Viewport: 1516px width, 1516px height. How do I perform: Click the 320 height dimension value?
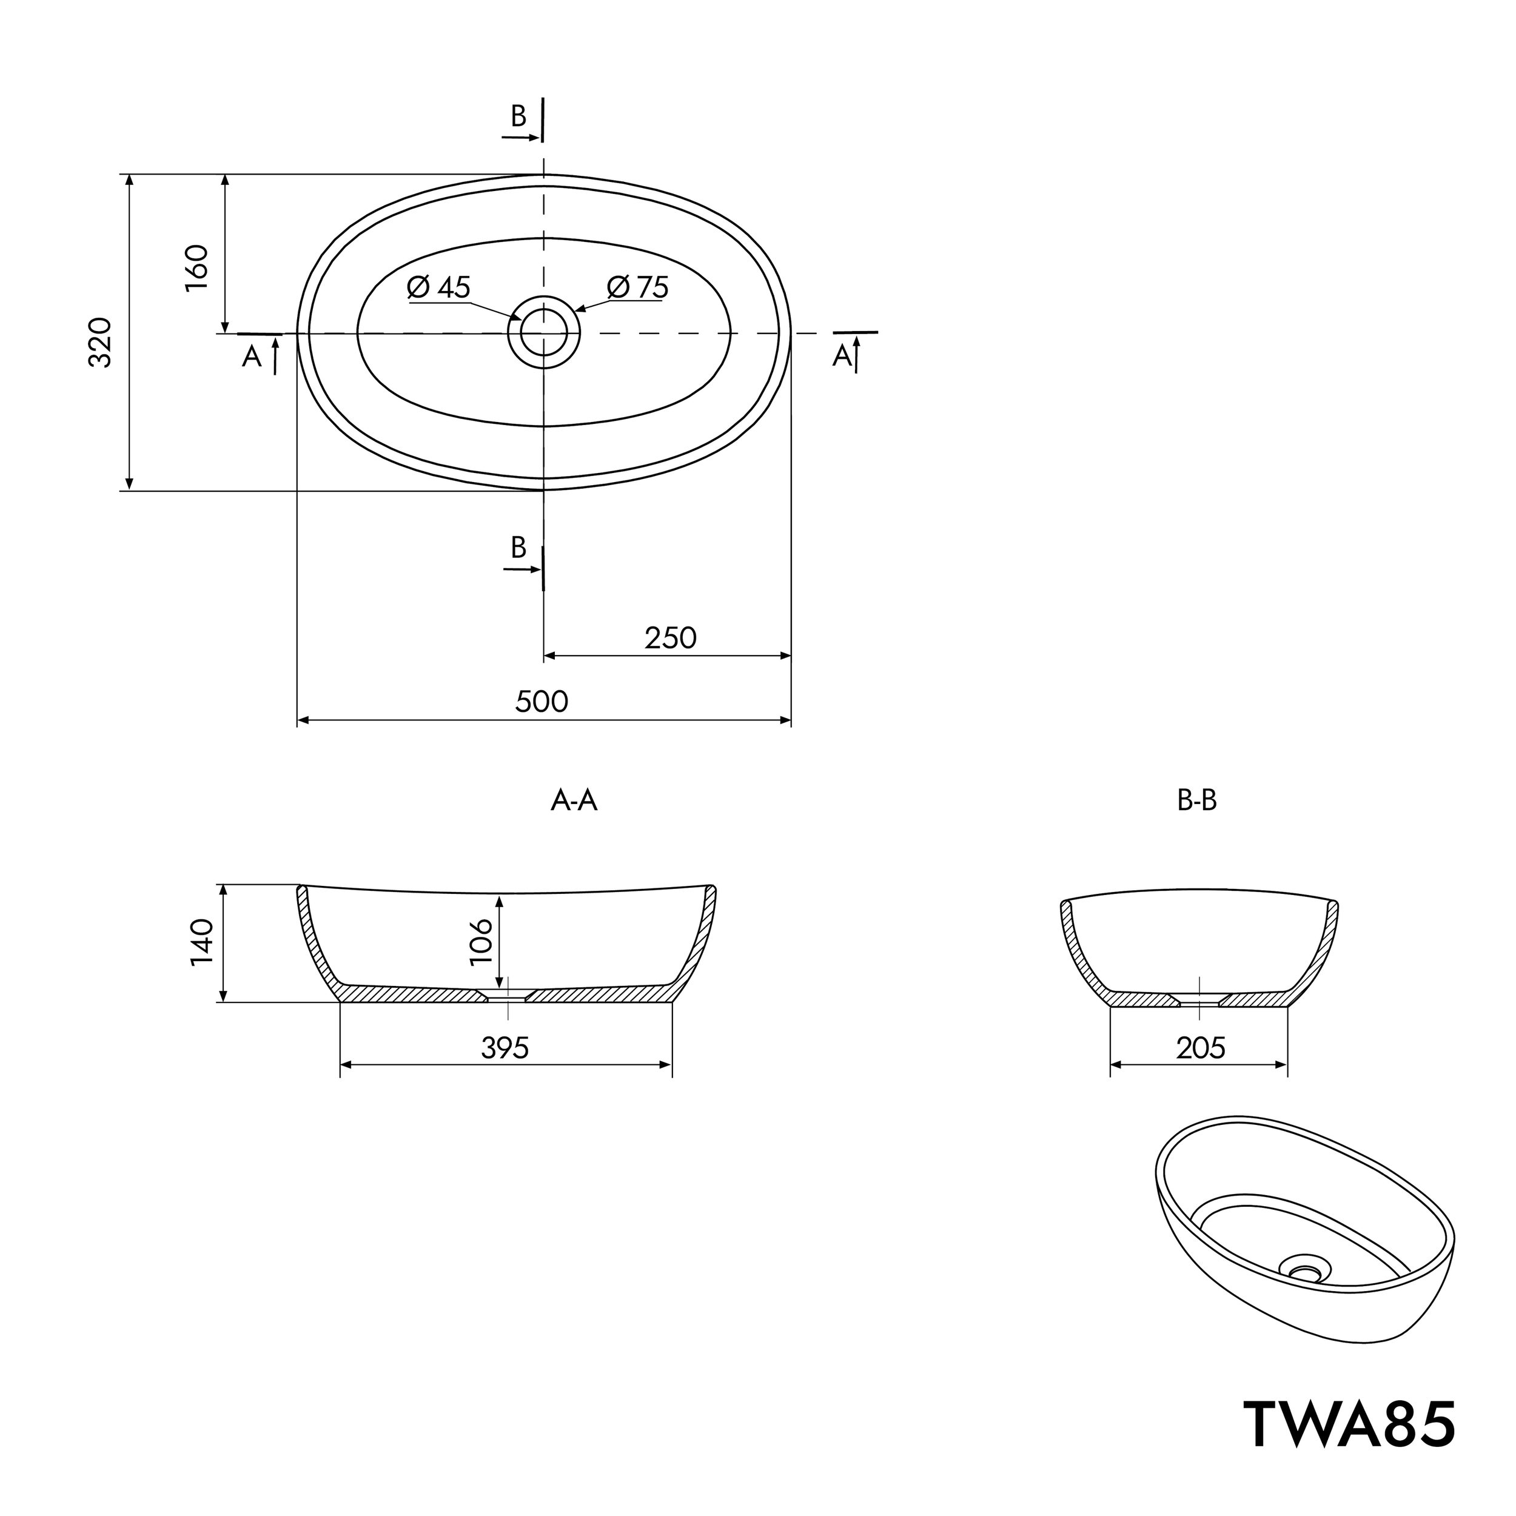(x=101, y=343)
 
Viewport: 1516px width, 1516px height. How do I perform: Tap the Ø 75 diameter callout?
(x=638, y=287)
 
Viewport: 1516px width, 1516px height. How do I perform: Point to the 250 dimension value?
(x=671, y=638)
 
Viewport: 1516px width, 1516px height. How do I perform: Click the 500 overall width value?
(x=542, y=701)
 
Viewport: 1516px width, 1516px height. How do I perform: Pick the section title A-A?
(x=574, y=800)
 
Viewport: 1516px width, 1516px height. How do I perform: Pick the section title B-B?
(x=1196, y=800)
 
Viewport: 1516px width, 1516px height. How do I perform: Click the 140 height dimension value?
(x=202, y=942)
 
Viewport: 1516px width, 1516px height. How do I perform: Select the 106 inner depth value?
(x=480, y=941)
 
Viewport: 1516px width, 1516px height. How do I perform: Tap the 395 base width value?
(x=505, y=1047)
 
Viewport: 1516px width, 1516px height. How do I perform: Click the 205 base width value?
(x=1201, y=1047)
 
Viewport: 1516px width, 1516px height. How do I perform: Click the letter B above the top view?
(x=518, y=116)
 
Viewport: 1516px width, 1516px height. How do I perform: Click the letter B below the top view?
(x=518, y=547)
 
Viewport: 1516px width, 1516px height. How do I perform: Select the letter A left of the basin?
(x=251, y=357)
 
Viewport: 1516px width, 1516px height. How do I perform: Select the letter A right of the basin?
(x=842, y=357)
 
